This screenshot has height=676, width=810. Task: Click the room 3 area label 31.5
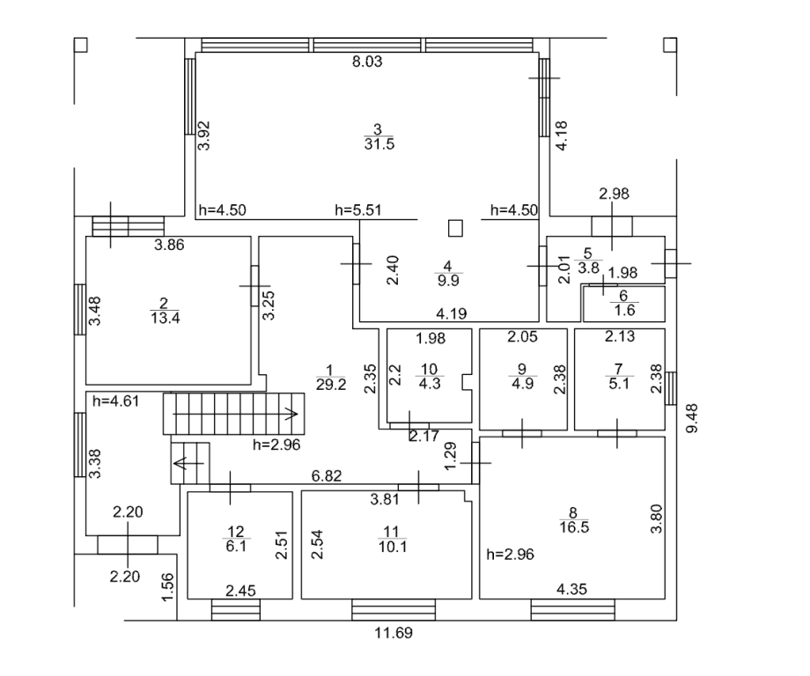click(x=379, y=143)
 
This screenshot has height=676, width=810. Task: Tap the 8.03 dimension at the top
click(x=367, y=62)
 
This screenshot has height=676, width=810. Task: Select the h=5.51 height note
click(x=358, y=210)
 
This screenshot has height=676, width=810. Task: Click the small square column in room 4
click(x=455, y=228)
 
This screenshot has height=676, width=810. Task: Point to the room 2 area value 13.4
click(x=166, y=318)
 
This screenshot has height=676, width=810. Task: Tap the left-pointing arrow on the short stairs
click(x=189, y=463)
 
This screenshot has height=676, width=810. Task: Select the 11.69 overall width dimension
click(x=394, y=633)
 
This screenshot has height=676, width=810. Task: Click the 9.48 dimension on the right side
click(x=692, y=418)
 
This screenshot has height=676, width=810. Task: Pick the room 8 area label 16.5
click(x=574, y=527)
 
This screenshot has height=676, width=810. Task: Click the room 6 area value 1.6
click(x=625, y=310)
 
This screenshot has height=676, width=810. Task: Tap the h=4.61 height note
click(x=115, y=400)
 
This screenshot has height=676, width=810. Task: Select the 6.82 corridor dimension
click(x=327, y=475)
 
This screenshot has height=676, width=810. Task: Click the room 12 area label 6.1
click(x=236, y=546)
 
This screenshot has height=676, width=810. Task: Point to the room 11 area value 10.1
click(x=393, y=546)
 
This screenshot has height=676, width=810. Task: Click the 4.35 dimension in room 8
click(x=572, y=589)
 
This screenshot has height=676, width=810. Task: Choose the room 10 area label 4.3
click(x=430, y=384)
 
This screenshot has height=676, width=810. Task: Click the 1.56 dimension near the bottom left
click(x=168, y=587)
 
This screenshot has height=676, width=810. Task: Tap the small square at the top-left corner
click(x=81, y=45)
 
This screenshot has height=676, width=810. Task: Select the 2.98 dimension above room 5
click(x=615, y=194)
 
